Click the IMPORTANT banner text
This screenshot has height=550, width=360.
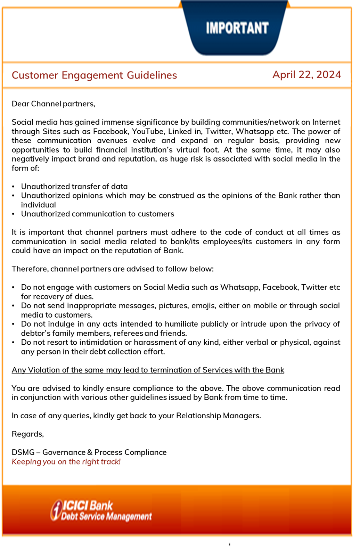click(237, 28)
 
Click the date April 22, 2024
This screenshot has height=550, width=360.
click(306, 75)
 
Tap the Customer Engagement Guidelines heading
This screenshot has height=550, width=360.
click(94, 75)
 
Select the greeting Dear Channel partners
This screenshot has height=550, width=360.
click(53, 104)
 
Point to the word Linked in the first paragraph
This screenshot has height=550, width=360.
click(180, 132)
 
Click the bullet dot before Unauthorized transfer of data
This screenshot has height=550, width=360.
click(14, 187)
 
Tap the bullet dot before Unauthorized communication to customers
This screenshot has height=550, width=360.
click(14, 214)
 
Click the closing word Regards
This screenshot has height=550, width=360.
click(27, 434)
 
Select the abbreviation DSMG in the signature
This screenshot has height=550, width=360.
click(23, 452)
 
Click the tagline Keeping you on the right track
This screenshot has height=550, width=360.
click(66, 462)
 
